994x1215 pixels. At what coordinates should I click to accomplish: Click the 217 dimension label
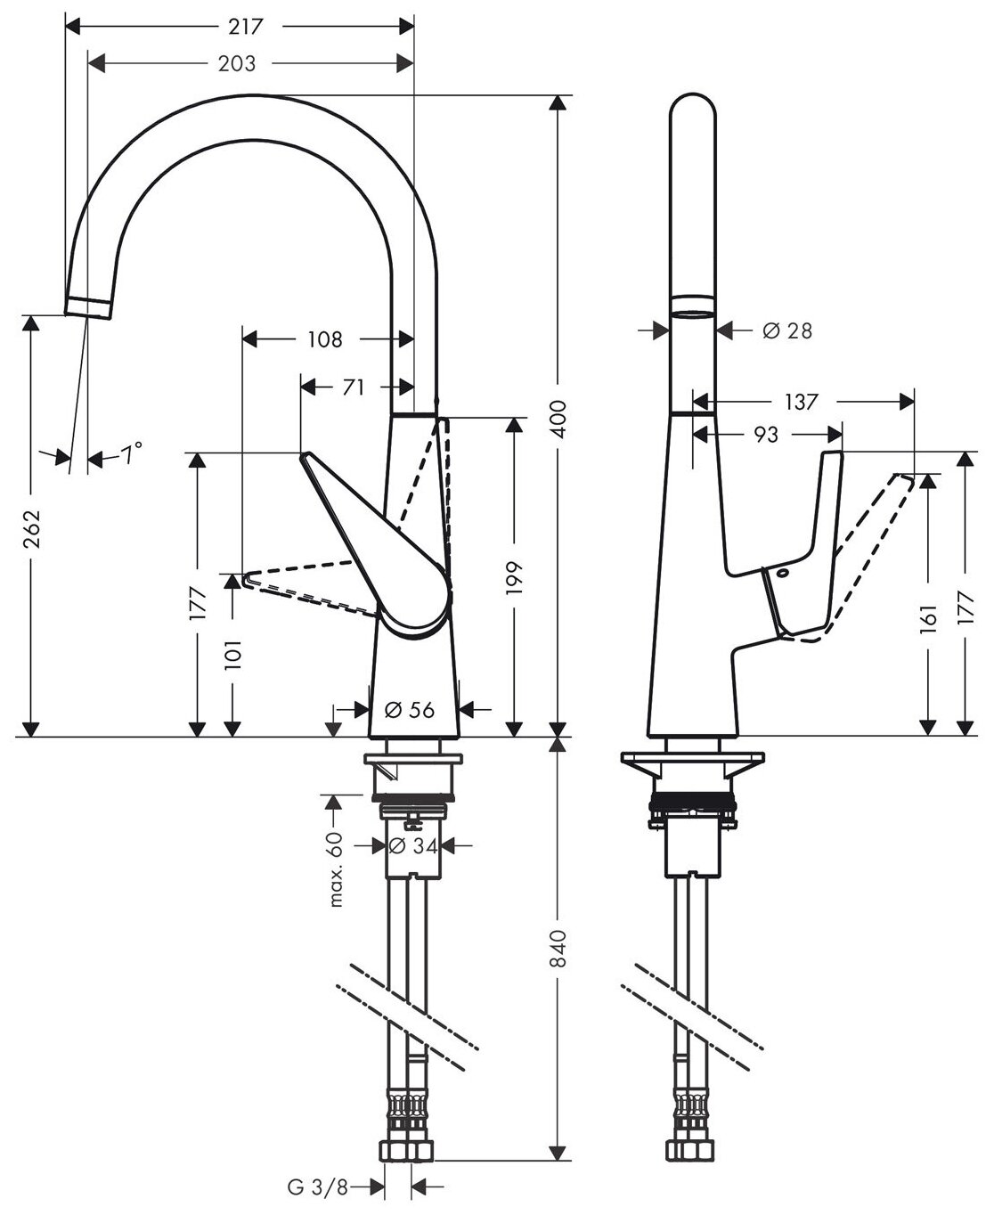click(x=246, y=27)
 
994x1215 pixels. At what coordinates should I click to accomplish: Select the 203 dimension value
click(x=237, y=63)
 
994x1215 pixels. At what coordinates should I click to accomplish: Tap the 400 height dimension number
click(x=558, y=418)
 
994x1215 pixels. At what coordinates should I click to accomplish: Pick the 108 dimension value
click(x=324, y=338)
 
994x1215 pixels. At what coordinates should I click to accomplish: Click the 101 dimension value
click(x=233, y=656)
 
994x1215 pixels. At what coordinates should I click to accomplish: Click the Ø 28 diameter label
click(x=787, y=330)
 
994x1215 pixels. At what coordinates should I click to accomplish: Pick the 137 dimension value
click(x=802, y=402)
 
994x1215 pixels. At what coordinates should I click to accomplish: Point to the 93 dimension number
click(x=766, y=434)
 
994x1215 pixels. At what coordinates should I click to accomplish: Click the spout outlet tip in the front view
click(x=88, y=307)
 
